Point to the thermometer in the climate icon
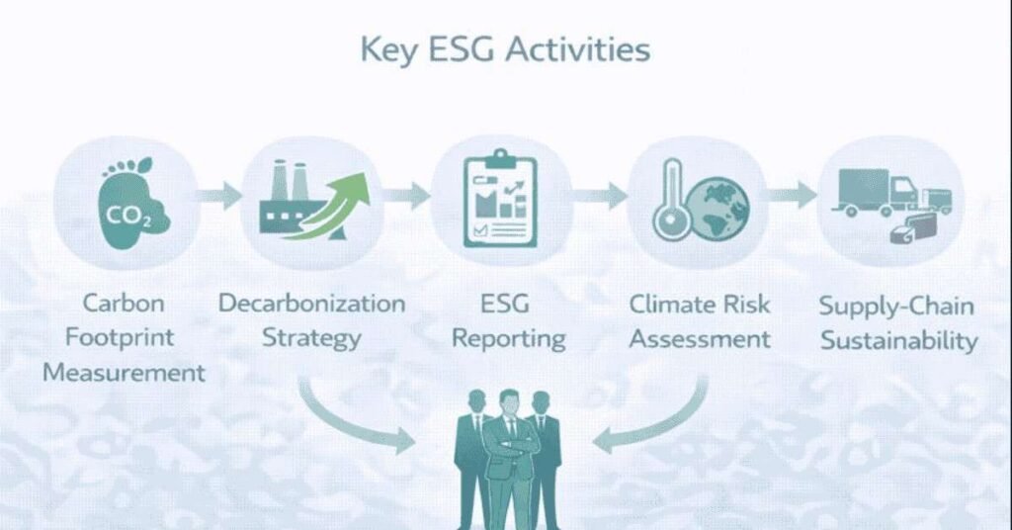click(x=669, y=202)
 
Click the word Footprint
click(x=120, y=337)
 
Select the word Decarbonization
click(x=311, y=303)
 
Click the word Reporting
click(x=508, y=339)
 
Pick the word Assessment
click(x=700, y=339)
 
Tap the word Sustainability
click(x=898, y=342)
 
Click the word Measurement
click(x=125, y=373)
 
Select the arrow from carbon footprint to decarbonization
click(x=218, y=195)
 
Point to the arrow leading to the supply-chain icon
click(x=793, y=195)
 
